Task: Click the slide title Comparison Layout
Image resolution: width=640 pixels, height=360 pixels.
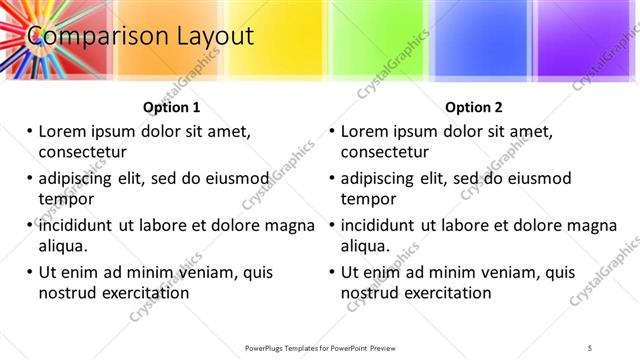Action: point(140,37)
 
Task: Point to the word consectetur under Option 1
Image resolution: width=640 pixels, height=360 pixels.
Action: point(81,153)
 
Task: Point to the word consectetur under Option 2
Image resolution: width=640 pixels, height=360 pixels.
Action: point(385,153)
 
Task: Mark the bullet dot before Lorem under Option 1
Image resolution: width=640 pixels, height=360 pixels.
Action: point(29,131)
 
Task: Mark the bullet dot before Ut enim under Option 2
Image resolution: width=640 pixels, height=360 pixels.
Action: point(332,272)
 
